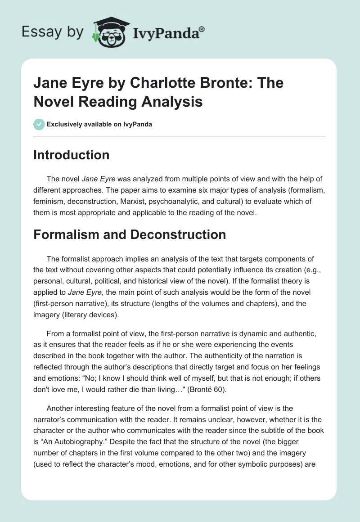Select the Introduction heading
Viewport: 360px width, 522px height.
(x=72, y=155)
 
